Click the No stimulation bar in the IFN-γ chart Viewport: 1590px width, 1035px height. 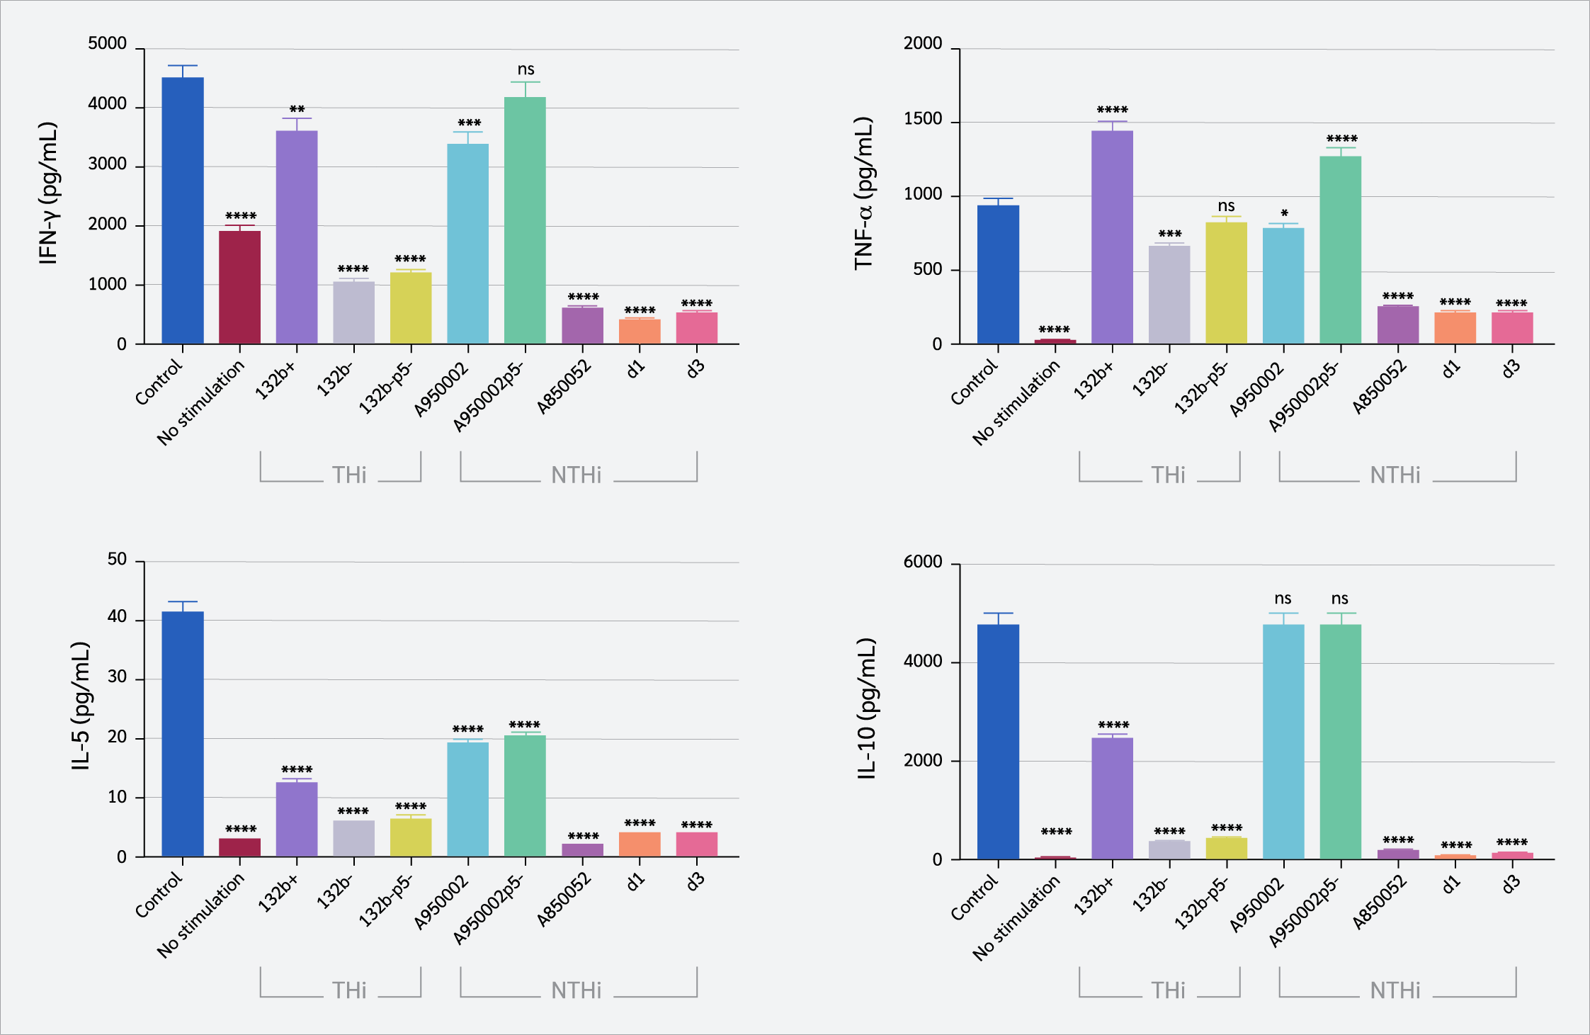239,287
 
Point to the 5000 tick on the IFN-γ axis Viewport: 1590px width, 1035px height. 108,44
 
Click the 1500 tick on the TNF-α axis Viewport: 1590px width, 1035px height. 923,119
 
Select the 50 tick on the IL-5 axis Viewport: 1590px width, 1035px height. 117,560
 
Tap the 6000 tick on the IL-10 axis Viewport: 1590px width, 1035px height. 923,562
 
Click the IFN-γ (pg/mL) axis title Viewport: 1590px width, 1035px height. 48,193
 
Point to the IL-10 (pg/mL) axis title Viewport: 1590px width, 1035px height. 867,708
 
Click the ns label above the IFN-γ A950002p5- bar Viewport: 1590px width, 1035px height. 526,69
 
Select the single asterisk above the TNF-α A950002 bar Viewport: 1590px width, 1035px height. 1284,213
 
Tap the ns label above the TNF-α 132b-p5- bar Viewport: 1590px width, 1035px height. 1227,206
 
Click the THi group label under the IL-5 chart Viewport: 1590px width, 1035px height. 349,990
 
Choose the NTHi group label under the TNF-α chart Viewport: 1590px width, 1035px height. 1395,475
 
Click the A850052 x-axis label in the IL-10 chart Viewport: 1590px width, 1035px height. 1380,902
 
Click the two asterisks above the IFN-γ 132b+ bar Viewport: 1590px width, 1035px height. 297,110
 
